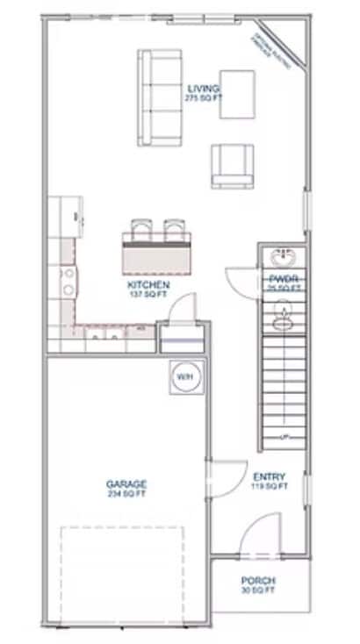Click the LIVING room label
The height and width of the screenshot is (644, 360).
[x=203, y=89]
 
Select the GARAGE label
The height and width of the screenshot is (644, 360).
[x=126, y=483]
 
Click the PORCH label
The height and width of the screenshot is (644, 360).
[x=258, y=581]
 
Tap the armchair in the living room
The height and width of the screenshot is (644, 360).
[x=233, y=166]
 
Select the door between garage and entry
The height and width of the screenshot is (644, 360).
[x=225, y=481]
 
